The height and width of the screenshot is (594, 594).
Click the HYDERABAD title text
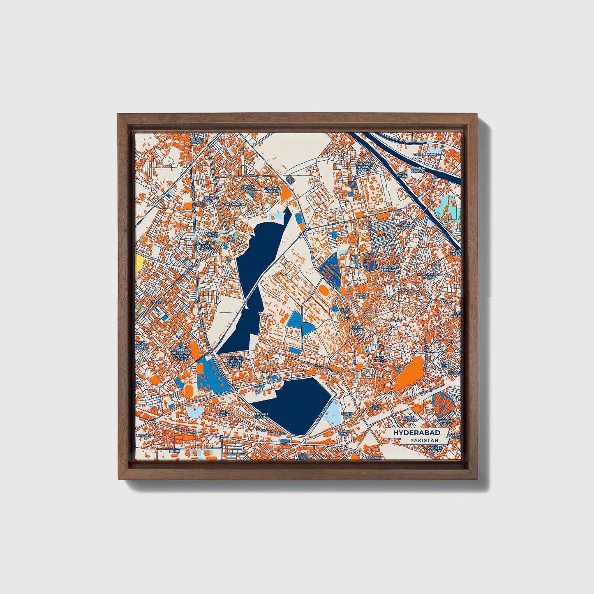pos(416,433)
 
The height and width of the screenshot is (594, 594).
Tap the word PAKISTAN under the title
pos(424,440)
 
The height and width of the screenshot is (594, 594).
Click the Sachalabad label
pos(235,204)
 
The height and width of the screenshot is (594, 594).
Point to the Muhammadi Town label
pos(428,275)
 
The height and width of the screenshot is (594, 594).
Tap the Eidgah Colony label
pos(261,416)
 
